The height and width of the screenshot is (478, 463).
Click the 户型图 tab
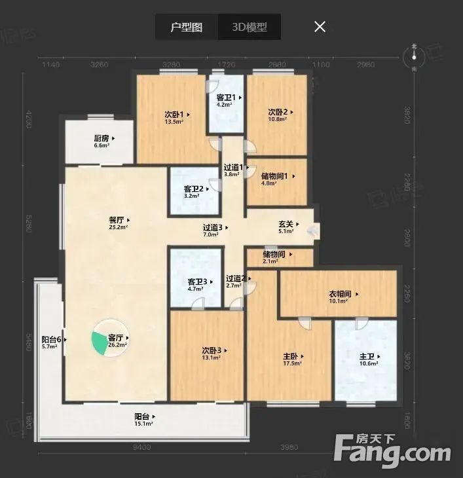pyautogui.click(x=186, y=28)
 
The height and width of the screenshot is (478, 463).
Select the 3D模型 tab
pyautogui.click(x=249, y=28)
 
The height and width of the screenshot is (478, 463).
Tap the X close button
pyautogui.click(x=320, y=27)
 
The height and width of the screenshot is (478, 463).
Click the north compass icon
pyautogui.click(x=414, y=58)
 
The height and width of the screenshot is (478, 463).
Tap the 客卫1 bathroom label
pyautogui.click(x=227, y=98)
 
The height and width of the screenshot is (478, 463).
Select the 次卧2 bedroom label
pyautogui.click(x=278, y=112)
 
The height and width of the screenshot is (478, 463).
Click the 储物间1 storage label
pyautogui.click(x=276, y=176)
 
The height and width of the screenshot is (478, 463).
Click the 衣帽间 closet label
pyautogui.click(x=341, y=293)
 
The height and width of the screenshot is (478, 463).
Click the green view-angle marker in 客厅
pyautogui.click(x=98, y=341)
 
